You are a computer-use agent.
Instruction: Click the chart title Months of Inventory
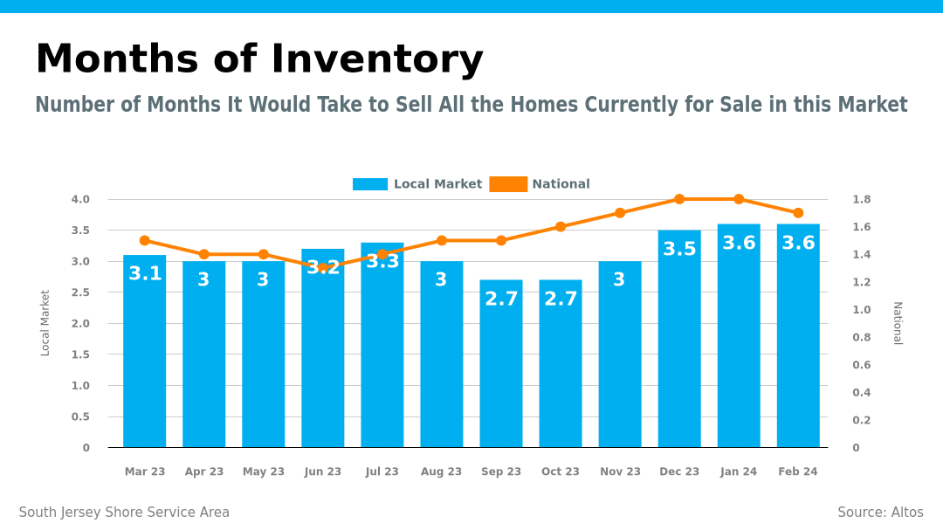coord(258,59)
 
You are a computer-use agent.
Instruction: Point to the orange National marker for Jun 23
coord(323,268)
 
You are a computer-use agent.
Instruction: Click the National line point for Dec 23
coord(679,199)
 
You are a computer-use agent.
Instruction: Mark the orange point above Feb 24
coord(798,213)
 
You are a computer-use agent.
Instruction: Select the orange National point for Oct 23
coord(561,227)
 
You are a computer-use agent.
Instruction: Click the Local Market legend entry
coord(417,184)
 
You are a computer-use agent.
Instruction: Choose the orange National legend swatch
coord(508,184)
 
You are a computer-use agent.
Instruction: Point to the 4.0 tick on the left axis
coord(80,199)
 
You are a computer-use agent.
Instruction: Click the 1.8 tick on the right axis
coord(861,199)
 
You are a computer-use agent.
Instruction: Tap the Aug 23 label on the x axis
coord(442,471)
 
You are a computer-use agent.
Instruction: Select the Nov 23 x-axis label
coord(620,471)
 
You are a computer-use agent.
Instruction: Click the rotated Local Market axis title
coord(45,323)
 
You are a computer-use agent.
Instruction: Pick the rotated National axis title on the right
coord(898,323)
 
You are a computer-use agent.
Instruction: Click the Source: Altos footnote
coord(880,513)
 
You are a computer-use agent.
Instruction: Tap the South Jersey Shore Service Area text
coord(124,513)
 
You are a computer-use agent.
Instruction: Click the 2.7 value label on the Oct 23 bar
coord(561,299)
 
